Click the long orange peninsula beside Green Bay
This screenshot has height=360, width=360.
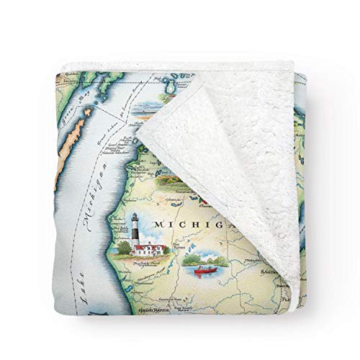(x=61, y=140)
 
